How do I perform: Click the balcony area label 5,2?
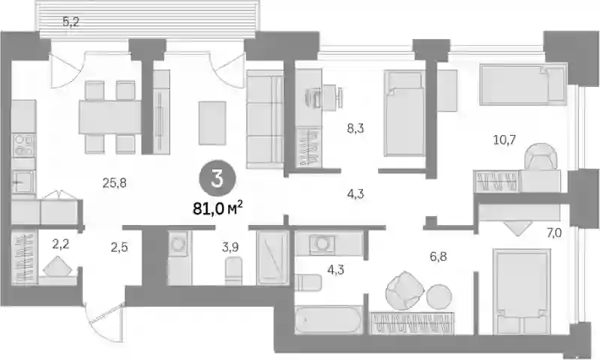tap(70, 22)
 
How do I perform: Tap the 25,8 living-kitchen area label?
tap(115, 184)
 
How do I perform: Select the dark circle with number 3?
tap(217, 180)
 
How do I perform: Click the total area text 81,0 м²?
tap(217, 208)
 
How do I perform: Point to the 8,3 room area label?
tap(355, 128)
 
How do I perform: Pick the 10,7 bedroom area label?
tap(504, 140)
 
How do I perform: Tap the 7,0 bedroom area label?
tap(553, 232)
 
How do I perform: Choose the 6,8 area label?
tap(438, 256)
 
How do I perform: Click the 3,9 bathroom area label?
tap(230, 247)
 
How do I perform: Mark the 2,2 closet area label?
tap(61, 244)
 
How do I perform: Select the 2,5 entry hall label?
tap(119, 248)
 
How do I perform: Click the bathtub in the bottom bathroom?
tap(328, 319)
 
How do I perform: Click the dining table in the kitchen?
tap(110, 117)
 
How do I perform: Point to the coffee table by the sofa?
tap(212, 123)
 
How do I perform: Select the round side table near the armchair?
tap(439, 297)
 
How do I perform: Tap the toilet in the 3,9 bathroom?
tap(233, 271)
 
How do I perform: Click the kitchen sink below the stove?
tap(23, 182)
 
